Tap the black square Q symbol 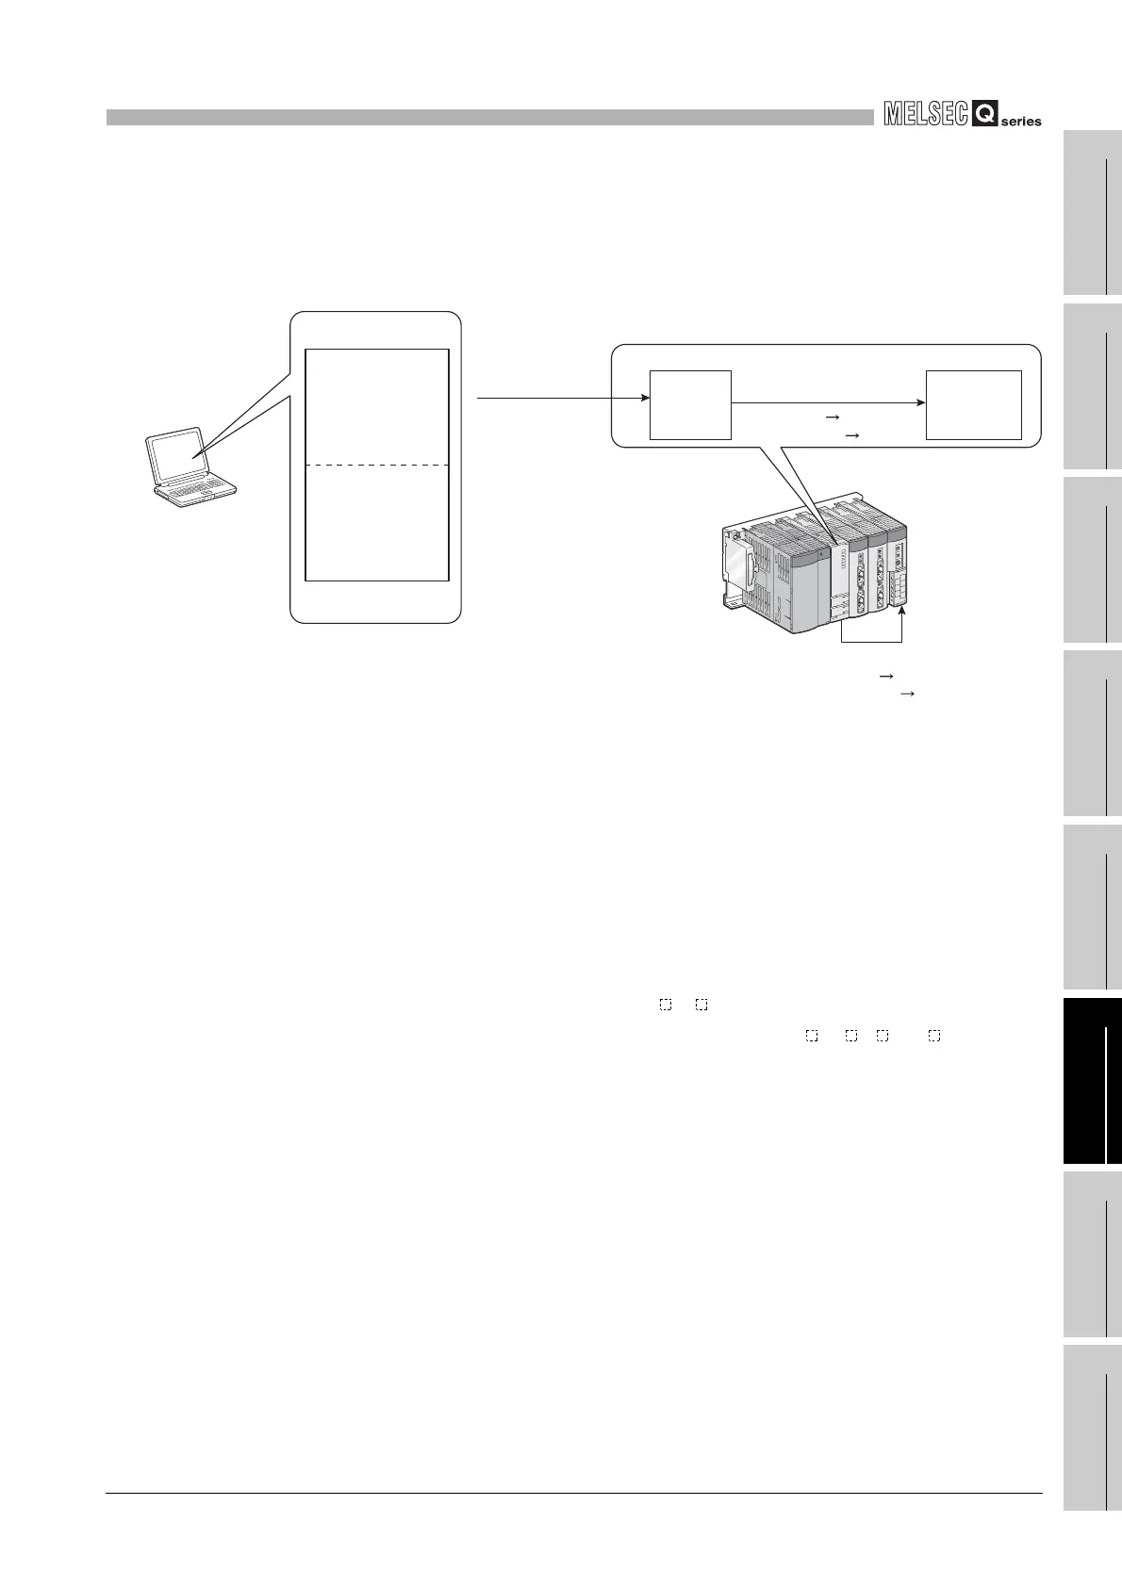click(984, 116)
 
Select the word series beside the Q click(1021, 122)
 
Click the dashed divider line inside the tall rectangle click(377, 465)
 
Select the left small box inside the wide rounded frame click(691, 404)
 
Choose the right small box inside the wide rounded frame click(974, 404)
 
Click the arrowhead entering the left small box click(646, 399)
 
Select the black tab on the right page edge click(1093, 1082)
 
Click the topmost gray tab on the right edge click(1093, 213)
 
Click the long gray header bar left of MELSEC click(490, 117)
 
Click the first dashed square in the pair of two click(665, 1006)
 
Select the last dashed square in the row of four click(933, 1036)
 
